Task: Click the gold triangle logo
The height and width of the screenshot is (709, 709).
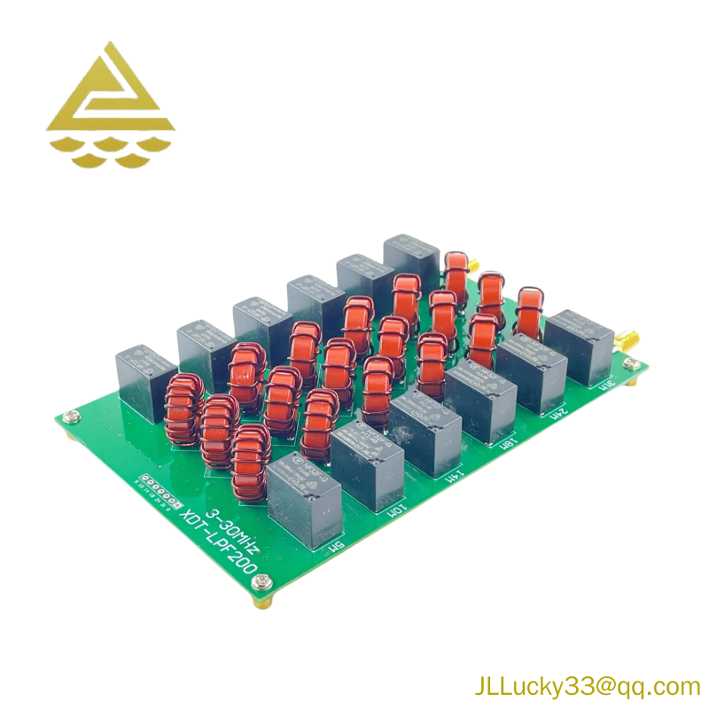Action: click(110, 105)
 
